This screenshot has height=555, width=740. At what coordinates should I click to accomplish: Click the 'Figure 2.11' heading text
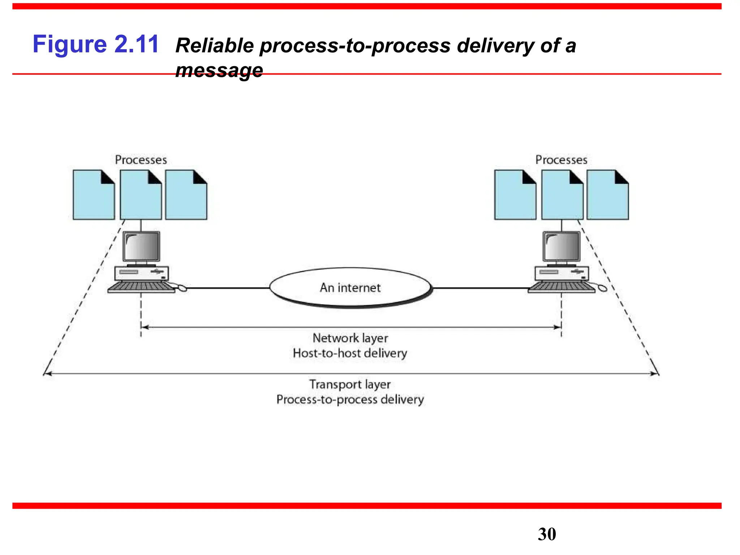(95, 44)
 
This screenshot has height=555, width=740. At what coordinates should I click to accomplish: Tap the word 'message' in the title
(219, 70)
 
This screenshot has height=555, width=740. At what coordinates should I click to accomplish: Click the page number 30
(547, 534)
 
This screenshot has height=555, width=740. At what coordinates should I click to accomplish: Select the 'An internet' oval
(350, 288)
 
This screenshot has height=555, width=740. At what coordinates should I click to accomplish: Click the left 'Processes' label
(141, 160)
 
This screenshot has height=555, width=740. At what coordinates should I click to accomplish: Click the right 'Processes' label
(561, 160)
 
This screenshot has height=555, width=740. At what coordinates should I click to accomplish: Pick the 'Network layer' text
(350, 338)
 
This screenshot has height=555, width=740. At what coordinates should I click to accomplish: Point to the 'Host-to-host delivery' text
(350, 353)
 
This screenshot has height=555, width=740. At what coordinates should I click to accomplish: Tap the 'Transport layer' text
(350, 384)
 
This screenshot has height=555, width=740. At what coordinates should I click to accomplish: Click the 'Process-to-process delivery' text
(350, 399)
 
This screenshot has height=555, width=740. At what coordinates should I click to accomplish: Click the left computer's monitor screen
(141, 246)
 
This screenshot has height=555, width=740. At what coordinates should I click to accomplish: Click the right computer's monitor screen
(562, 246)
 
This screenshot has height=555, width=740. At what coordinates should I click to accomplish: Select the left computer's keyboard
(141, 287)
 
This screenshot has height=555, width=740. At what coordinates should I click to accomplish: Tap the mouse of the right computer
(602, 288)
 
